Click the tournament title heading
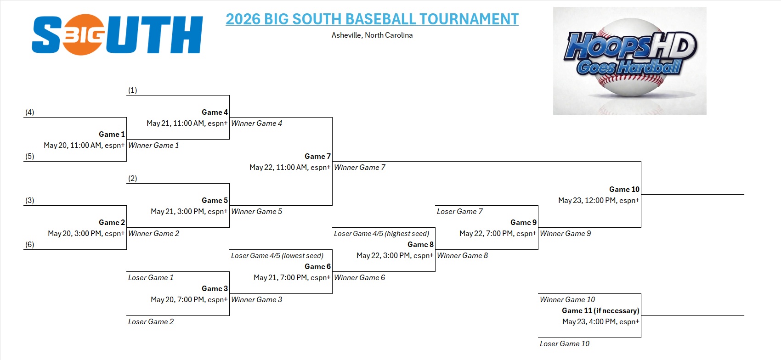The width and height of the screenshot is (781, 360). (x=372, y=19)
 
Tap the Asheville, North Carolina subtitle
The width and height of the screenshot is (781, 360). (x=372, y=35)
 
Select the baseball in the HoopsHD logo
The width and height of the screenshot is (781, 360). (x=630, y=57)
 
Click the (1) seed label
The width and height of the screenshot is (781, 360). (x=132, y=90)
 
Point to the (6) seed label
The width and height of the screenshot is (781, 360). (x=30, y=244)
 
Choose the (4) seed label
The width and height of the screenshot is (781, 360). (x=30, y=112)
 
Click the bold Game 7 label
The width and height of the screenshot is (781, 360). (x=317, y=156)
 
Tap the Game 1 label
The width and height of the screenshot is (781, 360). (x=112, y=134)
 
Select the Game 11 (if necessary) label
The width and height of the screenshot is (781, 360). (x=600, y=310)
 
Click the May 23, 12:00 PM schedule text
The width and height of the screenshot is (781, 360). (x=599, y=200)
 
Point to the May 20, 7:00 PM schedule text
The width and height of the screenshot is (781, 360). (x=189, y=299)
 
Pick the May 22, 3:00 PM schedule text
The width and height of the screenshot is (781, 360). (x=395, y=255)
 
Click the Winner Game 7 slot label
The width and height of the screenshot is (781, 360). (x=359, y=167)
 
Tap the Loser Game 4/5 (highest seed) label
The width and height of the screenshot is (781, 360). (x=381, y=233)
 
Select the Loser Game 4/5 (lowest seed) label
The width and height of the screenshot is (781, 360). (x=277, y=255)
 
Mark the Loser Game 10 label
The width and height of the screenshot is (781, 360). (x=565, y=343)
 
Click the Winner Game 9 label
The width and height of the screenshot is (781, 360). (x=565, y=233)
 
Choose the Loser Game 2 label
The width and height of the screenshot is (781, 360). (x=151, y=322)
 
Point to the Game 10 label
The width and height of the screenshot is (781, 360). (x=624, y=189)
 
